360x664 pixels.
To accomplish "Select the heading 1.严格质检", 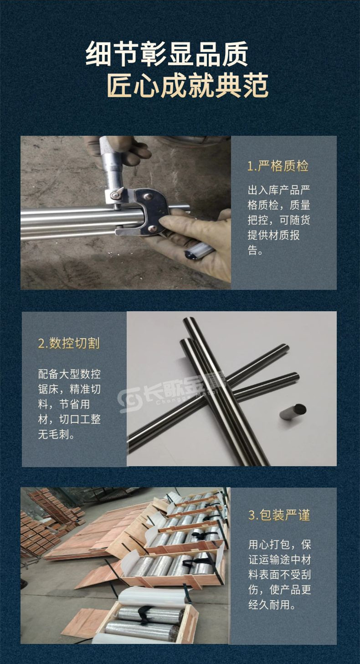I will pos(278,166).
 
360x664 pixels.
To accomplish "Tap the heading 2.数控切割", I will pos(69,343).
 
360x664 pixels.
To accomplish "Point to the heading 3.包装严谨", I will pos(279,515).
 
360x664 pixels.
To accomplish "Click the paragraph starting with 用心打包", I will pos(279,575).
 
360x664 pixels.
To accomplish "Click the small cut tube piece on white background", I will pos(292,411).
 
